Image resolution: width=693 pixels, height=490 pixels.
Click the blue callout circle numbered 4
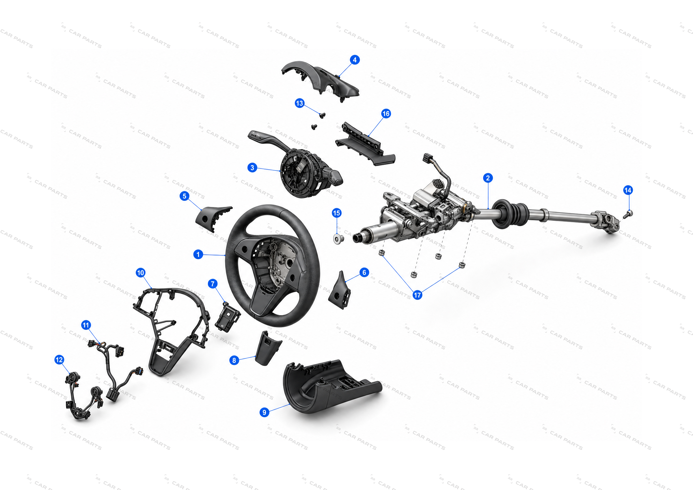tap(355, 60)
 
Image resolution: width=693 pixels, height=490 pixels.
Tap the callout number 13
tap(299, 103)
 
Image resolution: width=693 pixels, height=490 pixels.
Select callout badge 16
tap(386, 113)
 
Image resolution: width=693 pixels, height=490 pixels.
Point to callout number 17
tap(418, 295)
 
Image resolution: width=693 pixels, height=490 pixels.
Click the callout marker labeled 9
tap(264, 412)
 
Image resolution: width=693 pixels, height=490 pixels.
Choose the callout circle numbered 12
tap(59, 360)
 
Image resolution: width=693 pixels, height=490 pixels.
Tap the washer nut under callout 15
tap(339, 239)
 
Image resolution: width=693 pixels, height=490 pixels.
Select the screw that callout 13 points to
tap(322, 115)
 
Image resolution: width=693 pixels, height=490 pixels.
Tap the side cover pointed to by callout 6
tap(340, 290)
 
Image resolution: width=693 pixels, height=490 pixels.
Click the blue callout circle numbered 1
tap(198, 254)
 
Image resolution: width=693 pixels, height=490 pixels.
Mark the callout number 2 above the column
tap(488, 178)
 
